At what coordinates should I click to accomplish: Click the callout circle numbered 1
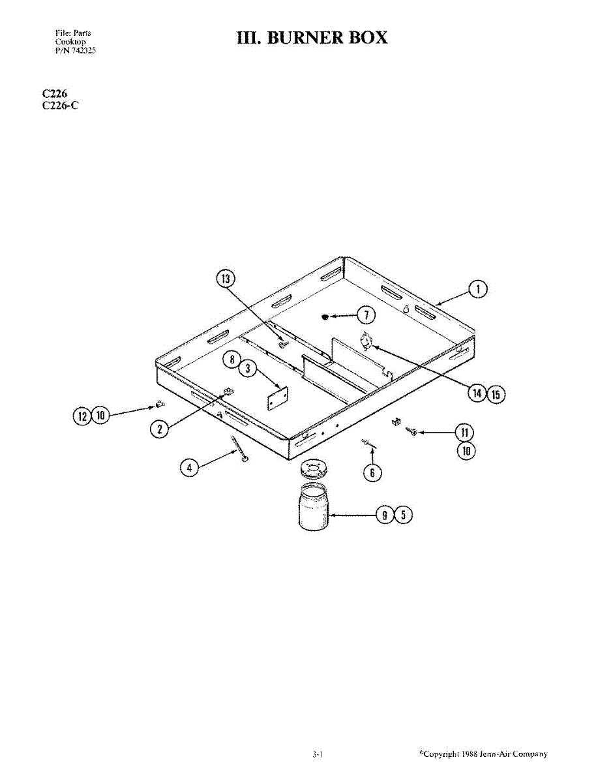pos(478,289)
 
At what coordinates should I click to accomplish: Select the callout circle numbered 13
pos(225,279)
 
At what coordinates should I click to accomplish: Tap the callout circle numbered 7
pos(366,316)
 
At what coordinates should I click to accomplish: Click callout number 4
pos(188,467)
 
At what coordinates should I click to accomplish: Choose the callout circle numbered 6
pos(372,472)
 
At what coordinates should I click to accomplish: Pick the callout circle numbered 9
pos(385,515)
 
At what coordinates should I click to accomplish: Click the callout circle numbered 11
pos(464,432)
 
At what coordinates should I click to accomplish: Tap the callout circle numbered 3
pos(247,369)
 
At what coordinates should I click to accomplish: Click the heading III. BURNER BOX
pos(312,38)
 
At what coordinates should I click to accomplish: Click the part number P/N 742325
pos(76,50)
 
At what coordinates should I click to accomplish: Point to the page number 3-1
pos(318,754)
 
